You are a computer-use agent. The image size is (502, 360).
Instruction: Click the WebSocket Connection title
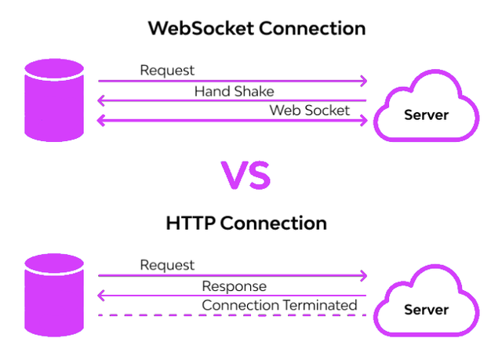click(x=257, y=29)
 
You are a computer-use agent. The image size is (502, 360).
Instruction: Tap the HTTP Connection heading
click(x=246, y=223)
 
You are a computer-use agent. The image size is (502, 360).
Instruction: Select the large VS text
click(x=246, y=175)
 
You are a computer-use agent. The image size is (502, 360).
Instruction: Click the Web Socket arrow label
click(x=310, y=111)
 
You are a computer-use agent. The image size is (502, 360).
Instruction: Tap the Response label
click(x=234, y=286)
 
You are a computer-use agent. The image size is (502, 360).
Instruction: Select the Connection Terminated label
click(x=279, y=305)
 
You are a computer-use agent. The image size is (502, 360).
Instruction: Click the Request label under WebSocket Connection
click(x=167, y=71)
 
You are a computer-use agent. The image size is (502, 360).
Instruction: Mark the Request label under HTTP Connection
click(x=167, y=265)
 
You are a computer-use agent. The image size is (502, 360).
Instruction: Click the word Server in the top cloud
click(x=426, y=115)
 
